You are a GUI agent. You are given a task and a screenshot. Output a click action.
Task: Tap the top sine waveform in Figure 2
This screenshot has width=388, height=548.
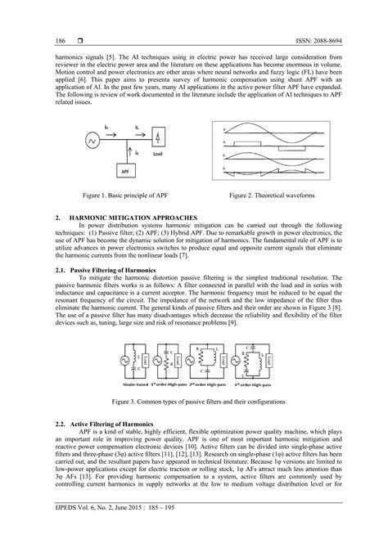[x=274, y=128]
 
